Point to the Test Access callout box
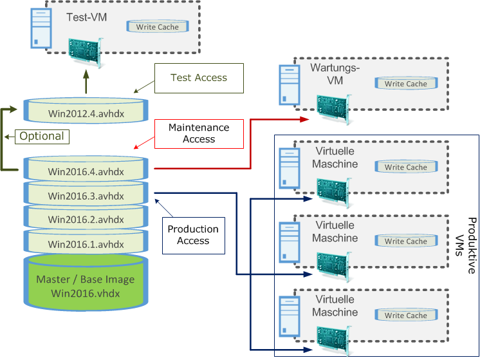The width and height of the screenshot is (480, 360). coord(199,78)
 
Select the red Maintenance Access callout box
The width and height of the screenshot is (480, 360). coord(199,133)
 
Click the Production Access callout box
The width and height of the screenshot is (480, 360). coord(193,234)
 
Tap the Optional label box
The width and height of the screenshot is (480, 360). coord(41,137)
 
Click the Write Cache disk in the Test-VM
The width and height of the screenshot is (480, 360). coord(158,27)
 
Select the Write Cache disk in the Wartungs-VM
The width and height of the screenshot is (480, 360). coord(406,83)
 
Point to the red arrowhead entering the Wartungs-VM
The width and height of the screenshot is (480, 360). coord(308,119)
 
